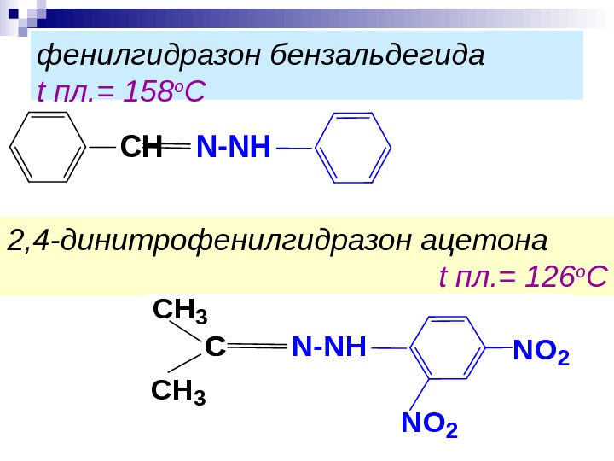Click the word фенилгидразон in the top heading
point(149,56)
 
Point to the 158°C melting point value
point(159,90)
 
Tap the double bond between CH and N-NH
point(178,148)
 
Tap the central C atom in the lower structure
point(215,347)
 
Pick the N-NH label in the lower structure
point(328,347)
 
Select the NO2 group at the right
point(541,350)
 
